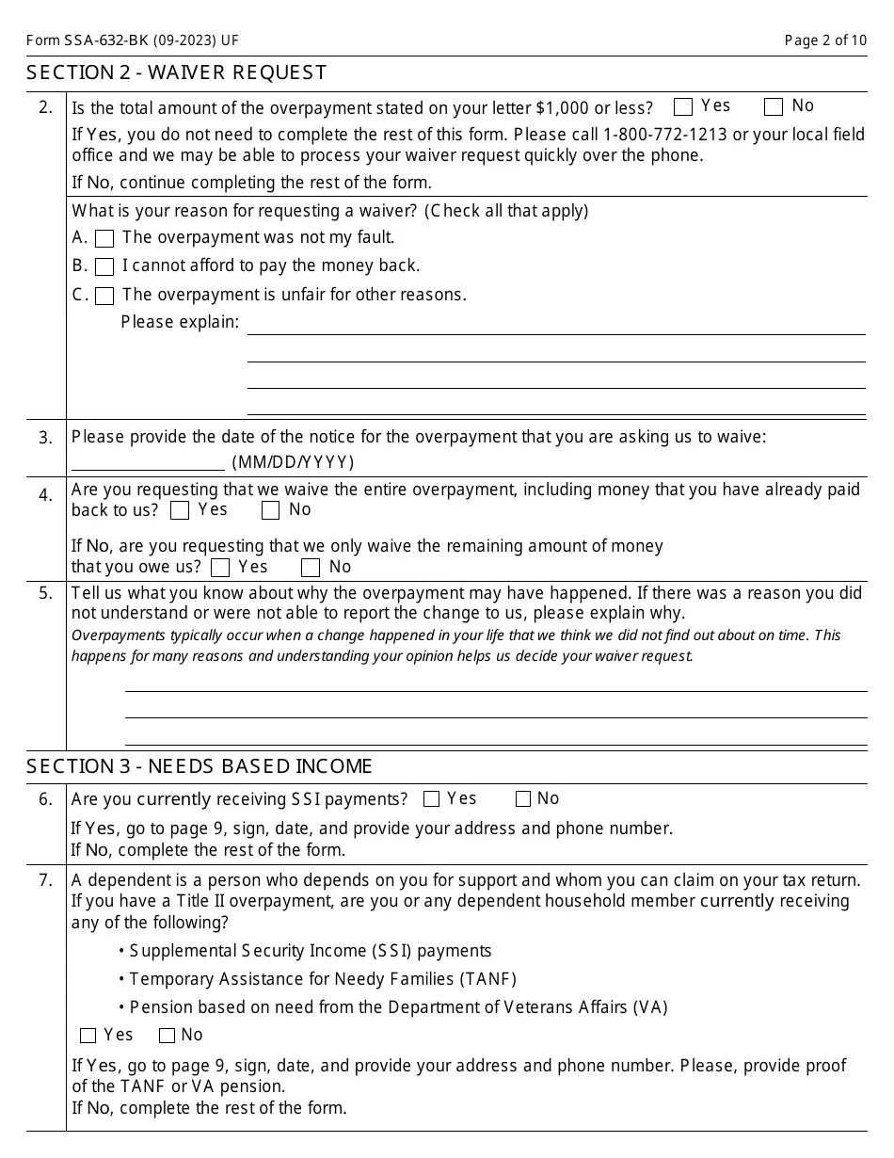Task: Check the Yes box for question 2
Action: (x=683, y=107)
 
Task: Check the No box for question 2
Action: (x=774, y=107)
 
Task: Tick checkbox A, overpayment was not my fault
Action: (x=105, y=239)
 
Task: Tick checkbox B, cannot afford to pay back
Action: (x=105, y=267)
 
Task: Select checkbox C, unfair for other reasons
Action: (x=105, y=296)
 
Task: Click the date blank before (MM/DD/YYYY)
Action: (x=148, y=461)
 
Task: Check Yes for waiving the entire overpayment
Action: (x=181, y=511)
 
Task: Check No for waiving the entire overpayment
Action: (x=271, y=511)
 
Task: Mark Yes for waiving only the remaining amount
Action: (x=221, y=568)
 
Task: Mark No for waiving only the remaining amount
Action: (x=311, y=568)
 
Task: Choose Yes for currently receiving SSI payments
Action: (x=432, y=799)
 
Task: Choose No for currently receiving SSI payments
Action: (x=523, y=799)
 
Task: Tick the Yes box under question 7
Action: (x=88, y=1036)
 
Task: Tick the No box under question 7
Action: (x=168, y=1036)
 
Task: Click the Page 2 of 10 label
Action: (x=825, y=40)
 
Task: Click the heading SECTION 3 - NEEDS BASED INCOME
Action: (x=200, y=766)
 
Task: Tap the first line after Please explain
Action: (x=555, y=326)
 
